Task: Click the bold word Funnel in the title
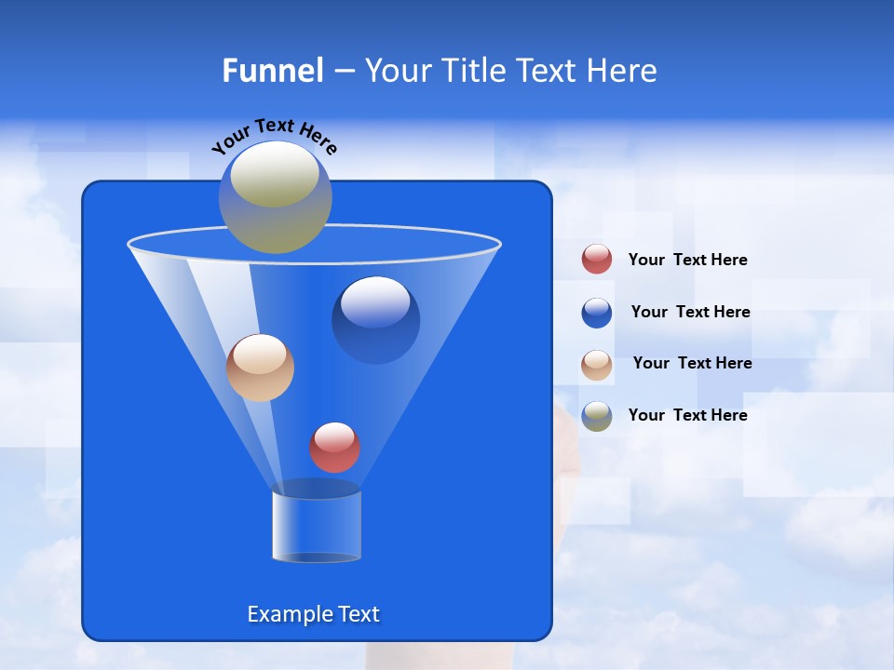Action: pos(273,71)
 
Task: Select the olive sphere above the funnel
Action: pos(275,197)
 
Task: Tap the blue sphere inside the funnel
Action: pos(375,321)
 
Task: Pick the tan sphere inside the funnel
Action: pos(260,368)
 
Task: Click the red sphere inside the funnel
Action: pos(334,448)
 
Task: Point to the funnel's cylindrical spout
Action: pos(317,526)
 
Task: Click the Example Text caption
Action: pos(314,614)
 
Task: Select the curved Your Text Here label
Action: pos(275,135)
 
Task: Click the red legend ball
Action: pos(597,260)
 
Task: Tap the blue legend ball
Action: pos(597,313)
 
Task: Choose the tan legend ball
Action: pos(597,365)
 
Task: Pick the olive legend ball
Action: pos(597,416)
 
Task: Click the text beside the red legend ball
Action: pos(687,261)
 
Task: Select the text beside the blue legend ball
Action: pos(690,313)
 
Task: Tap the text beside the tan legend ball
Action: pos(692,364)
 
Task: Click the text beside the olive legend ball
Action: pos(687,416)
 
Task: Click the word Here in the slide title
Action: pos(623,71)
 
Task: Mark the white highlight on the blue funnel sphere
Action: pos(375,301)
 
